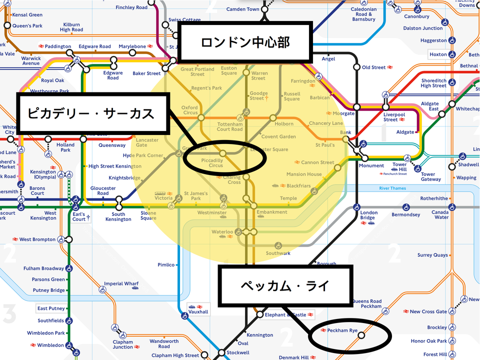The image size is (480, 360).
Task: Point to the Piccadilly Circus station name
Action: [212, 162]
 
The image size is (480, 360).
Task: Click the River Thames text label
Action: [392, 188]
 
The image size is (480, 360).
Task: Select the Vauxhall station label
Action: [199, 311]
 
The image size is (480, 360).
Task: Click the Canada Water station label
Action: [441, 215]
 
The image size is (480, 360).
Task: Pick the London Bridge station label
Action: [368, 215]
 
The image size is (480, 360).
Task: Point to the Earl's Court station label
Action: [79, 217]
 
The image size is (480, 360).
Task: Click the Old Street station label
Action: [374, 67]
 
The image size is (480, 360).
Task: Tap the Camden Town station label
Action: [242, 9]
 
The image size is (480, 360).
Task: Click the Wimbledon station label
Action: [50, 345]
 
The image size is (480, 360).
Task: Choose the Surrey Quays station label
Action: [432, 255]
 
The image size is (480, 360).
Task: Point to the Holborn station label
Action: [283, 123]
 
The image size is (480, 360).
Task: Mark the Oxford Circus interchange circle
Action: [201, 117]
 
